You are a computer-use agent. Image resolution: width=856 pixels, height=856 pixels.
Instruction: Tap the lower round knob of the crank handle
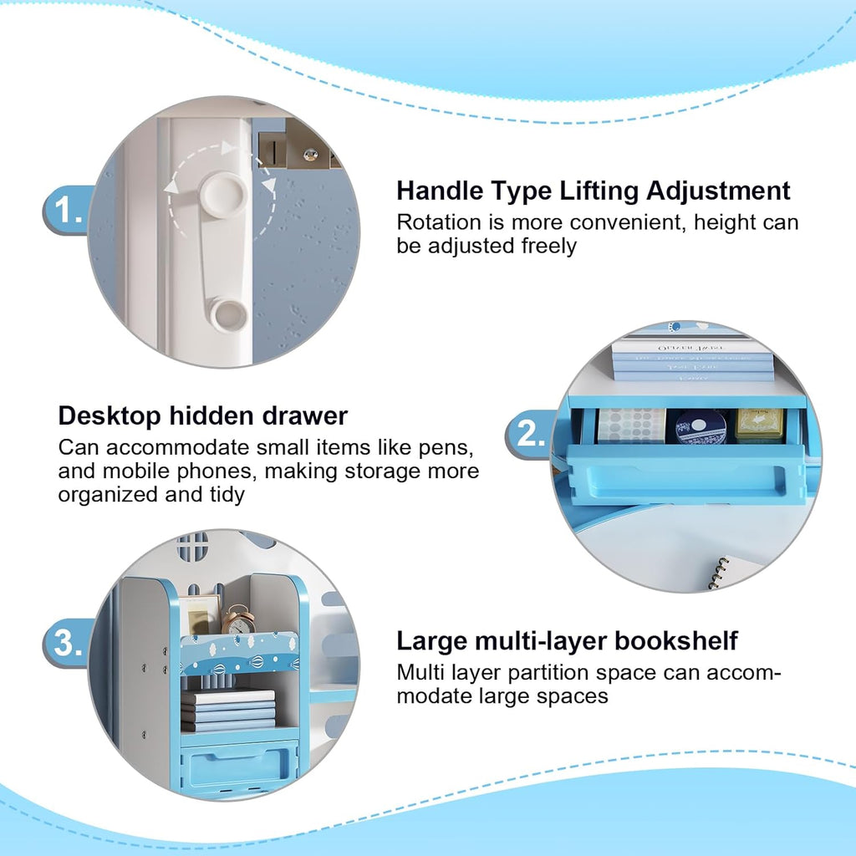click(229, 315)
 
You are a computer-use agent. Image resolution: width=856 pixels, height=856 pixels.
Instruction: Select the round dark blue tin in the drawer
click(701, 426)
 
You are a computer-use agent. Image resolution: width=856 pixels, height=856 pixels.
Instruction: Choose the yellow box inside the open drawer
click(759, 425)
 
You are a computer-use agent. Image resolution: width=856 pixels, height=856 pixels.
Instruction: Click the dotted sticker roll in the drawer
click(632, 425)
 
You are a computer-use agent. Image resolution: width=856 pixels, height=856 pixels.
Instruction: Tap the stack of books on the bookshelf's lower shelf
click(228, 710)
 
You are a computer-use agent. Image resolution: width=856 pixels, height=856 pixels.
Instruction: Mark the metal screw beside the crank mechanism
click(311, 155)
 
